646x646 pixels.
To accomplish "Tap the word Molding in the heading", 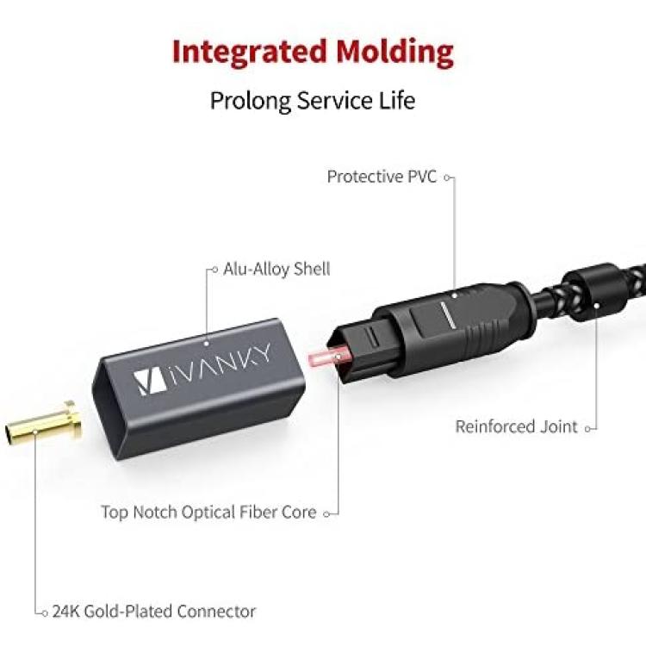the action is (x=394, y=51).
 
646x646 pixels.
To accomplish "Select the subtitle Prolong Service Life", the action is (x=313, y=101).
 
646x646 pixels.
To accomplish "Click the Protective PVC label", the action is (x=382, y=177).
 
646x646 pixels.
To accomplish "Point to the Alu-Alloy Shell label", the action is (x=276, y=270).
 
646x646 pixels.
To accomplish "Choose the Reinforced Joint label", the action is (x=516, y=427).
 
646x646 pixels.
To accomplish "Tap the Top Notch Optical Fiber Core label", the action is (x=209, y=512).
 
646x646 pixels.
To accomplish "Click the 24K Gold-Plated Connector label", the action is (x=154, y=612).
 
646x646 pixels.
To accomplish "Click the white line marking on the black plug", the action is (x=447, y=314).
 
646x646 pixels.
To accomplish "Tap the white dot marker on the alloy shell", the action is (x=206, y=342).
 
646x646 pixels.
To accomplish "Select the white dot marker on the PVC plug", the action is (x=455, y=295).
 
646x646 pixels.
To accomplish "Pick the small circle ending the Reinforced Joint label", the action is (x=588, y=429).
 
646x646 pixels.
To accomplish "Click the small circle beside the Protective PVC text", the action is (x=447, y=178).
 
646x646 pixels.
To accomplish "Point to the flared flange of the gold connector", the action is (x=73, y=420).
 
